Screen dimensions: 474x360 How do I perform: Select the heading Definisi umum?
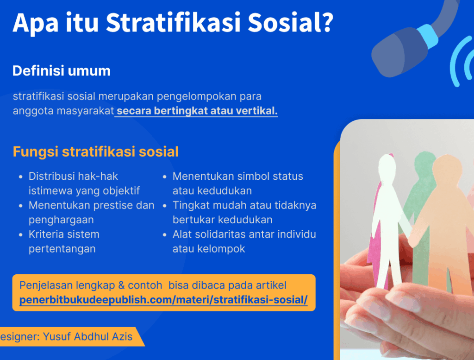click(x=62, y=71)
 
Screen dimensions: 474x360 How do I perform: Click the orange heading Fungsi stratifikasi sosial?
click(x=95, y=152)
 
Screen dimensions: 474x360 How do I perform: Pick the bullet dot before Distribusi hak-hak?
click(x=20, y=177)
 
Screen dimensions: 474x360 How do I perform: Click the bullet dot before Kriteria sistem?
click(x=20, y=235)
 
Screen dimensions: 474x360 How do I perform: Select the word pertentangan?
click(x=62, y=249)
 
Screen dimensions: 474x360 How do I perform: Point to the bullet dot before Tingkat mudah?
click(x=165, y=206)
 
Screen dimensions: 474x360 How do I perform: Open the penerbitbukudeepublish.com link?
click(x=163, y=300)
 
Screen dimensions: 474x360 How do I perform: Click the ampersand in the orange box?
click(x=121, y=285)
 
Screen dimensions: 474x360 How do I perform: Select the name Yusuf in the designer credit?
click(x=57, y=336)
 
